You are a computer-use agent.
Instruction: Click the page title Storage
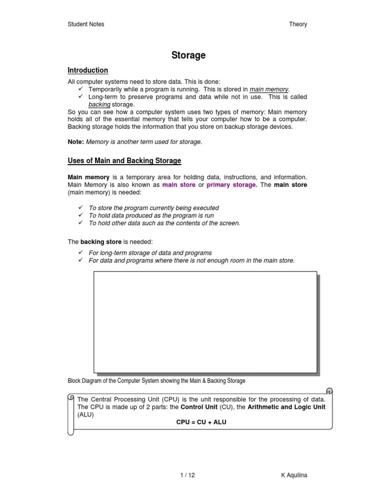pos(188,55)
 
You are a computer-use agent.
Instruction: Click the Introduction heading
pos(87,70)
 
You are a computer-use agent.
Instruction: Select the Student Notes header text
pos(85,24)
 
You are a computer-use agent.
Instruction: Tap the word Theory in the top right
pos(298,24)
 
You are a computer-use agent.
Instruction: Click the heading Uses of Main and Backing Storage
pos(124,161)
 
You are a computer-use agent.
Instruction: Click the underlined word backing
pos(99,104)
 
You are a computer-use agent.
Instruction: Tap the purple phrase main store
pos(179,185)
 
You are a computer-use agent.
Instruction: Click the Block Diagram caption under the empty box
pos(156,380)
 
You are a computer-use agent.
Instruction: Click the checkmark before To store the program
pos(81,208)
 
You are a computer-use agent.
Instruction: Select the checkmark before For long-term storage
pos(81,252)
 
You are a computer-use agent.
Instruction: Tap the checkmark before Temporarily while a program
pos(81,89)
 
